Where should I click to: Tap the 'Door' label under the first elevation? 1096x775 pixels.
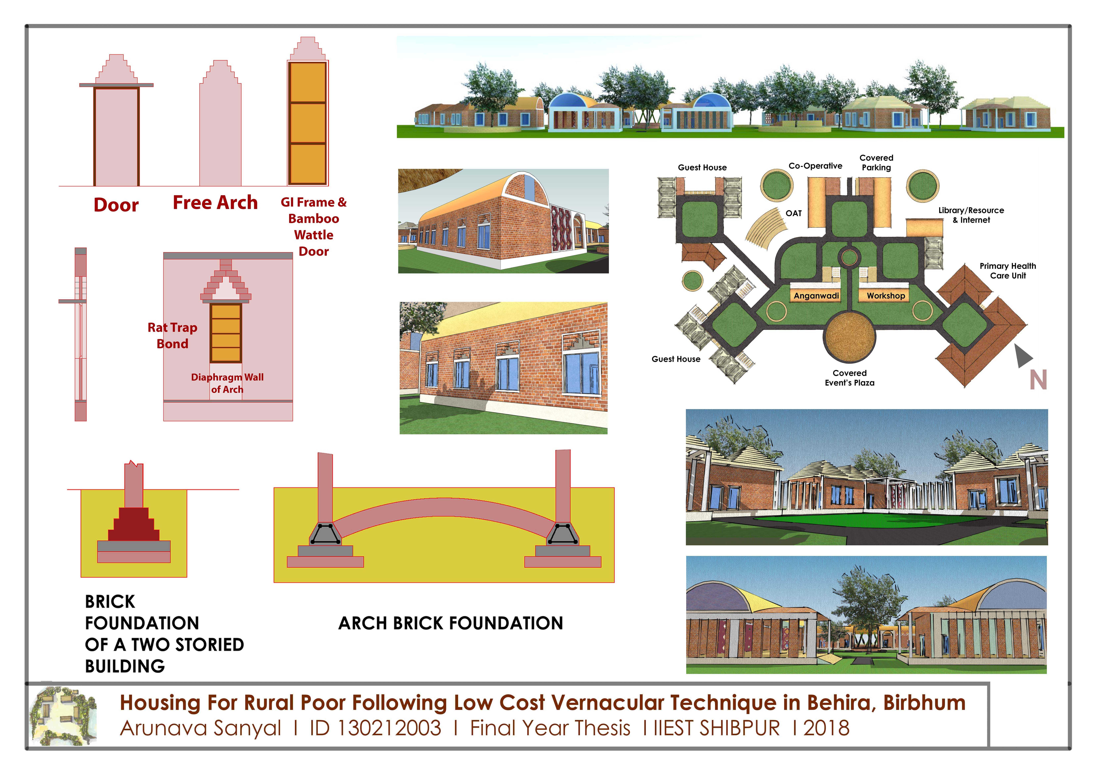coord(116,205)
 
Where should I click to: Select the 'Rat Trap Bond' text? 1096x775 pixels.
coord(172,335)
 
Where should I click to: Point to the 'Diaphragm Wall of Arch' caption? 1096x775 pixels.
coord(227,383)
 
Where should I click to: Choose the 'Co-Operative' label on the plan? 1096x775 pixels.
coord(815,166)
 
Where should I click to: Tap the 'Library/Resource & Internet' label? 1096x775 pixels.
coord(971,215)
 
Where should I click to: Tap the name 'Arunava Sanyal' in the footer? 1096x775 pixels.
coord(200,728)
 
